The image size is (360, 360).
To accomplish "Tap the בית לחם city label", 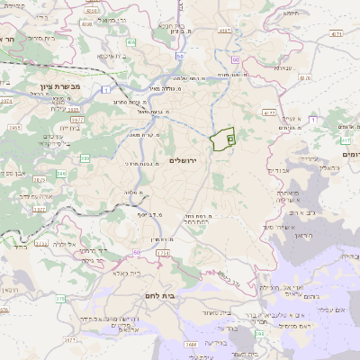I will pos(162,294).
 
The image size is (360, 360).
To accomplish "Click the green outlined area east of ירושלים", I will pos(221,139).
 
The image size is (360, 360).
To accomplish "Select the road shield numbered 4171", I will pos(337,34).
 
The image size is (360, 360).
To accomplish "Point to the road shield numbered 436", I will pos(132,41).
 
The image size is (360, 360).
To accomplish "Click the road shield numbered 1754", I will pos(162,254).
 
